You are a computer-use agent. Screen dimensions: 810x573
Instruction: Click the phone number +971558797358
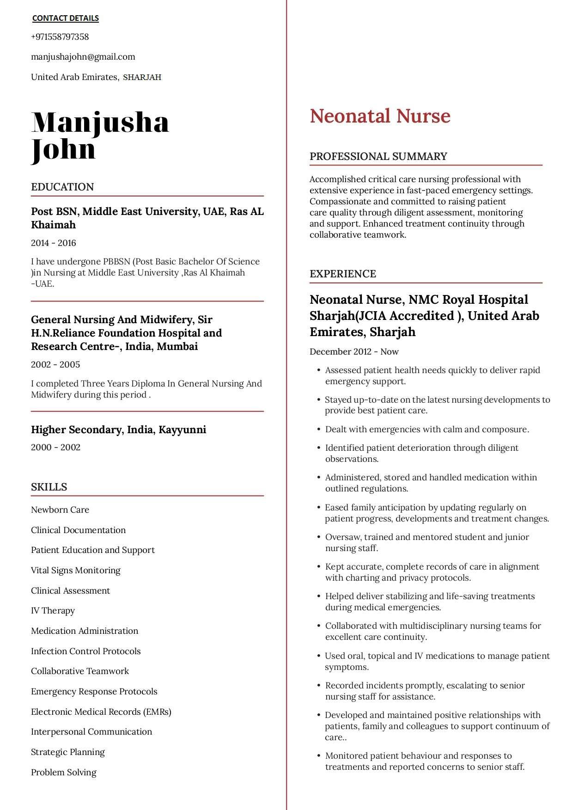pyautogui.click(x=60, y=37)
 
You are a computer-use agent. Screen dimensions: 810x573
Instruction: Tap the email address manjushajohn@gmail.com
pyautogui.click(x=83, y=57)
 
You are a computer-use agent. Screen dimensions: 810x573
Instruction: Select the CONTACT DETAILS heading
pyautogui.click(x=65, y=18)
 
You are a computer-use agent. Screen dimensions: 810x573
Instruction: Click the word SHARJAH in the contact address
pyautogui.click(x=142, y=77)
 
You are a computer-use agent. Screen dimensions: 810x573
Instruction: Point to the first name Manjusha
pyautogui.click(x=100, y=123)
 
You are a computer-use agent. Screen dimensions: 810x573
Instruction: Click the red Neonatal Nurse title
pyautogui.click(x=380, y=116)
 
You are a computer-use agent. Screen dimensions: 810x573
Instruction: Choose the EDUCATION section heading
pyautogui.click(x=62, y=187)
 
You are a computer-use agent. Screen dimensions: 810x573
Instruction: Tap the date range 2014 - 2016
pyautogui.click(x=54, y=243)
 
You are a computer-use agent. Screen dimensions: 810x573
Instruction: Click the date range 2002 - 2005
pyautogui.click(x=55, y=365)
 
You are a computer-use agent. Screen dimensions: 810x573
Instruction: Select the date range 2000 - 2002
pyautogui.click(x=55, y=448)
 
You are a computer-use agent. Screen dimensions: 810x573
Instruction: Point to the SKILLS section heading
pyautogui.click(x=49, y=487)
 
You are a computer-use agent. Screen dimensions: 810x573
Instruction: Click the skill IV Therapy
pyautogui.click(x=53, y=611)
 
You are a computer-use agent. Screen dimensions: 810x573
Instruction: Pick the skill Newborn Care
pyautogui.click(x=60, y=510)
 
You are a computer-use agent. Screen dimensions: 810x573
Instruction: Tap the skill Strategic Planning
pyautogui.click(x=68, y=752)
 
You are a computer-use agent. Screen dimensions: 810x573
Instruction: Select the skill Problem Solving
pyautogui.click(x=64, y=773)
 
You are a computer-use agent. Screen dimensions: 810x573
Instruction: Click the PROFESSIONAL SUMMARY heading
pyautogui.click(x=378, y=156)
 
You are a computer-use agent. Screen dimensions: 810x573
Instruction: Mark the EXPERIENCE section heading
pyautogui.click(x=343, y=274)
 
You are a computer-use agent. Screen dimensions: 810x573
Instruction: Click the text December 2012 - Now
pyautogui.click(x=354, y=352)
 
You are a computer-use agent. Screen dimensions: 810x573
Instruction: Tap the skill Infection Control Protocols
pyautogui.click(x=85, y=651)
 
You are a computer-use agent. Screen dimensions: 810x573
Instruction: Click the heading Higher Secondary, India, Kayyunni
pyautogui.click(x=118, y=430)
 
